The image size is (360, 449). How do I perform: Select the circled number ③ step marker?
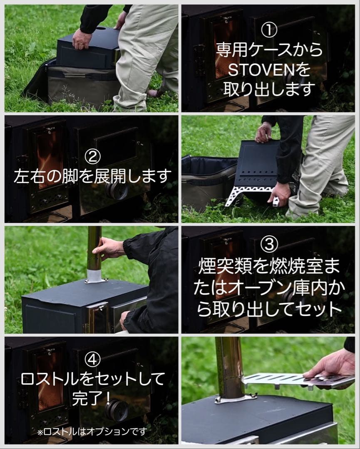click(x=269, y=245)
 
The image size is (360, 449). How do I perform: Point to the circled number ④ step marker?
click(x=92, y=359)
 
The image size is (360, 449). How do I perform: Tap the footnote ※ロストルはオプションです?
click(x=92, y=431)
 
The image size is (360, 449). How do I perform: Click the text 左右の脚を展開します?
click(x=92, y=176)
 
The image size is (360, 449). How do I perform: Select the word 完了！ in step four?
click(x=92, y=398)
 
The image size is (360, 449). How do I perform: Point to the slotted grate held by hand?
click(x=287, y=380)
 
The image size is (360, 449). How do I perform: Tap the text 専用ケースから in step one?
click(x=269, y=50)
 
